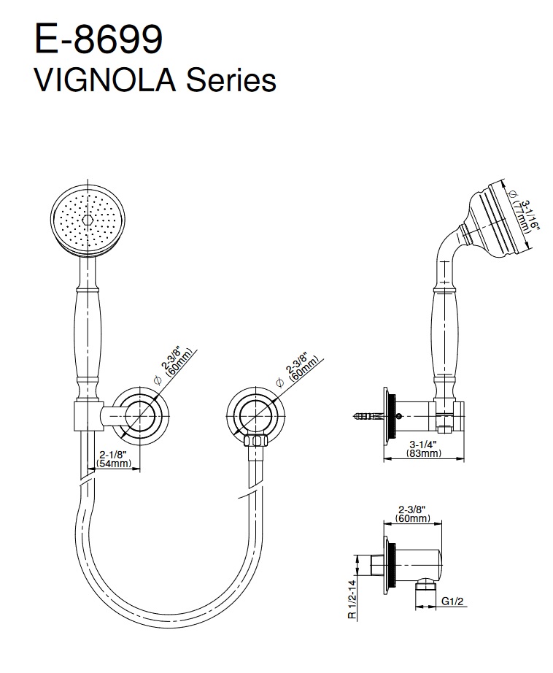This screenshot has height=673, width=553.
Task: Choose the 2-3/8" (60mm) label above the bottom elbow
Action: [414, 514]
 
